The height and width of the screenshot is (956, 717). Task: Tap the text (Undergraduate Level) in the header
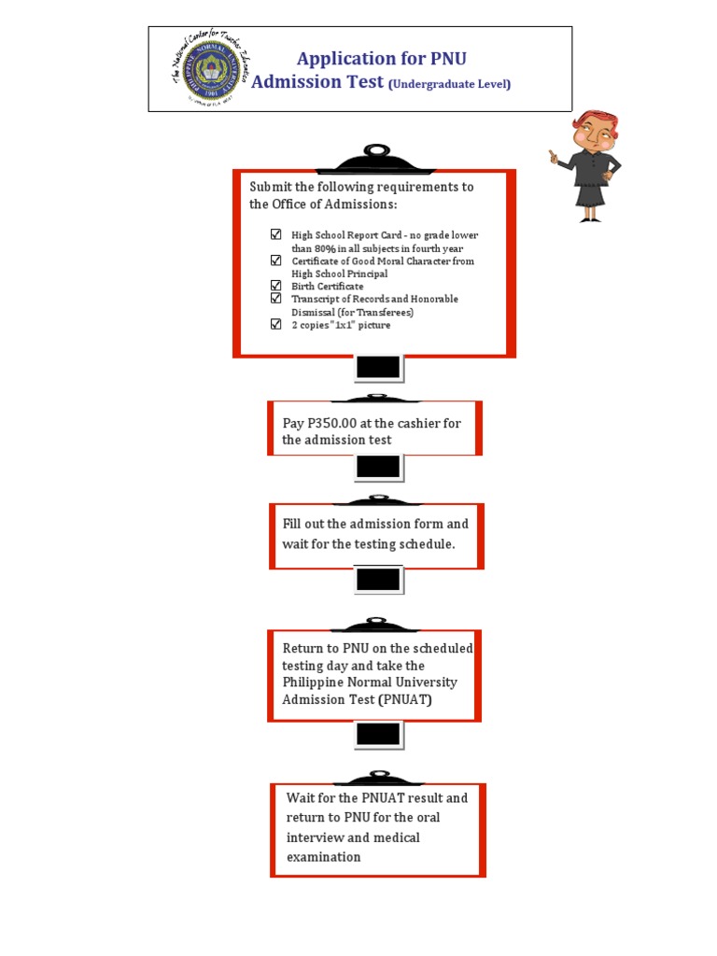[450, 85]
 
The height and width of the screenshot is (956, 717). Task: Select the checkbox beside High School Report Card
[275, 234]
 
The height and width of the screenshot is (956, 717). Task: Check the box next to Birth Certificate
[275, 286]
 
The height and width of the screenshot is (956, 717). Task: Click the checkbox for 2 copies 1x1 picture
[275, 325]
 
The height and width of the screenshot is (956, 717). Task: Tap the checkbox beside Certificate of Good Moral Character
[275, 260]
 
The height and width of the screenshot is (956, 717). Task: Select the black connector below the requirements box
[378, 368]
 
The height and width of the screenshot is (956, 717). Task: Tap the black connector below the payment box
[378, 467]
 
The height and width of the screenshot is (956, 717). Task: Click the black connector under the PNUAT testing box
[378, 736]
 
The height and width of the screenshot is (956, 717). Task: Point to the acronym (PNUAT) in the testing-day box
[404, 699]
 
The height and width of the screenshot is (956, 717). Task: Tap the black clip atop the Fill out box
[377, 500]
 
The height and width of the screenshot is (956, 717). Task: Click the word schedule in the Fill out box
[427, 544]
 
